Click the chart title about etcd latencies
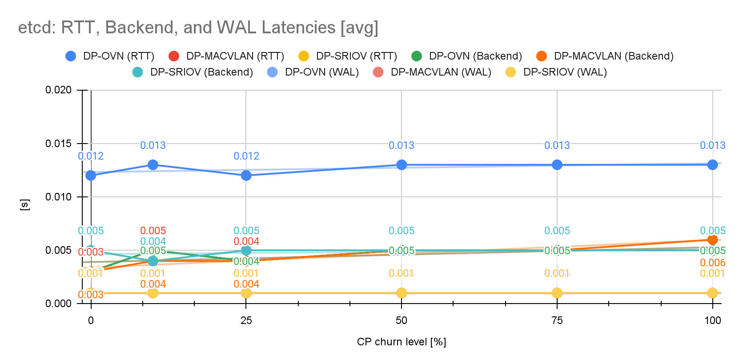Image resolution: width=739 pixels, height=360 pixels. [198, 28]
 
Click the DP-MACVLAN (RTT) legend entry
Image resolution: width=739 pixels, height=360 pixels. [227, 56]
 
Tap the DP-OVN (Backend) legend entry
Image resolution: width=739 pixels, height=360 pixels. [466, 56]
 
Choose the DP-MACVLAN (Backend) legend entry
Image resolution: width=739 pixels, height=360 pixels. [605, 56]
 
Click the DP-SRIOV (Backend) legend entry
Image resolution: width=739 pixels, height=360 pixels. [193, 72]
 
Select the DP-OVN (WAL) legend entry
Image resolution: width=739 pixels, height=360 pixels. [313, 72]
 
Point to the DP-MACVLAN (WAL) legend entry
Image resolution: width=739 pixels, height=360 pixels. [432, 72]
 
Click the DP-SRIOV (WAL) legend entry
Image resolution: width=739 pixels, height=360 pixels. [556, 72]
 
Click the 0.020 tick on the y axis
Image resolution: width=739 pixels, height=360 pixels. [58, 90]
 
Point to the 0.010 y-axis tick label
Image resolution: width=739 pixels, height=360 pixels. [58, 197]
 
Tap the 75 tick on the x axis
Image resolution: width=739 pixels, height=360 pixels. [557, 320]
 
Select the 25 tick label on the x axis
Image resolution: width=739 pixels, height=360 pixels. [246, 320]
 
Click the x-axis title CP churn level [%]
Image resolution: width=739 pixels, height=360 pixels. [401, 342]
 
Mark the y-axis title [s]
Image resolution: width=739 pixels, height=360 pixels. [25, 205]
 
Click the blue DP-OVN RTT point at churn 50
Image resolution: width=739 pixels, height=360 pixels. [402, 165]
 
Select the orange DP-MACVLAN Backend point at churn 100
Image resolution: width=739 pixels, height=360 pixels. [712, 240]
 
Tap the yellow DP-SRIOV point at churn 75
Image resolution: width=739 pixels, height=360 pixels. [557, 293]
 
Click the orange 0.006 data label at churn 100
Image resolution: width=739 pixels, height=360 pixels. [712, 263]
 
